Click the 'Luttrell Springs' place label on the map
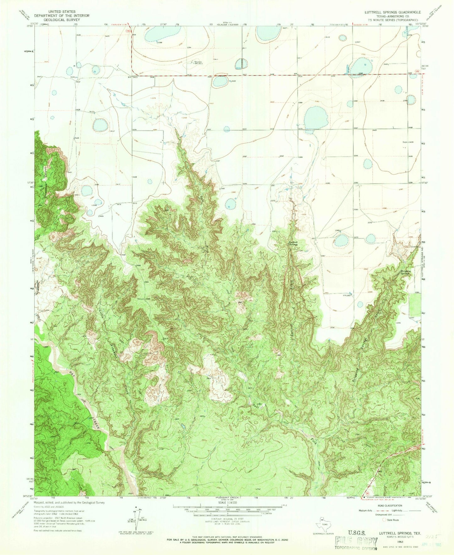293,243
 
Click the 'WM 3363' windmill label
346,295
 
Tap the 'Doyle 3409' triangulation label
408,142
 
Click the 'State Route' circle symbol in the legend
384,520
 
